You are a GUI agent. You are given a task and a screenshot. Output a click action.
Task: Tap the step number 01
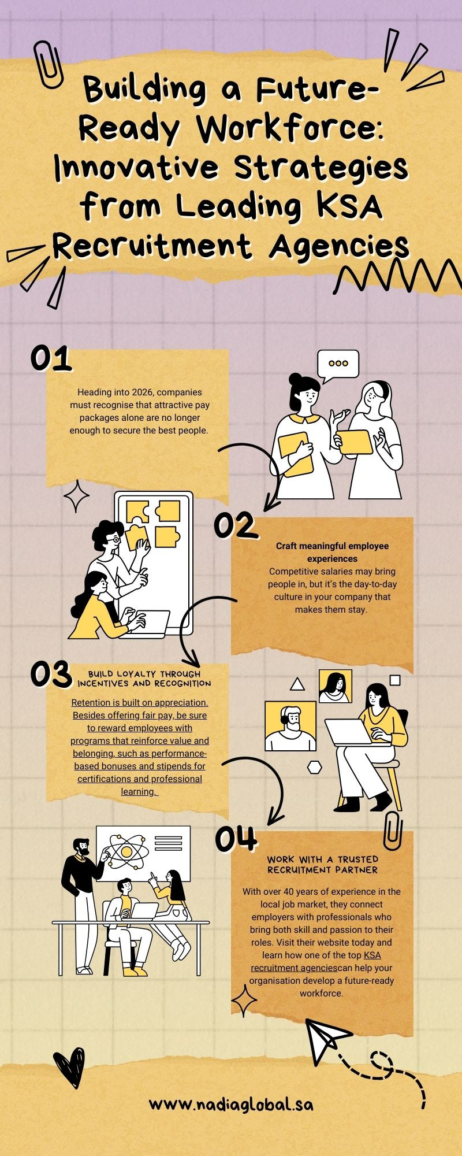click(x=51, y=358)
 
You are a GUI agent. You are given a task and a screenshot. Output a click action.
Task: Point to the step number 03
click(x=51, y=675)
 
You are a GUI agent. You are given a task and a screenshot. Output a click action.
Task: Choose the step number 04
click(x=235, y=839)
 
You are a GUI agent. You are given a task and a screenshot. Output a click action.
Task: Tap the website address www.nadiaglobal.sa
click(x=231, y=1105)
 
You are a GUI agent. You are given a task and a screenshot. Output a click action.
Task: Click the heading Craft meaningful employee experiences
click(x=332, y=552)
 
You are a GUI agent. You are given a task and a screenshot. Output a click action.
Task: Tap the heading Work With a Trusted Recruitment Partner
click(x=322, y=865)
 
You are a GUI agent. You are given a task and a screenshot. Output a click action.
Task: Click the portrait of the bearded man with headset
click(x=290, y=726)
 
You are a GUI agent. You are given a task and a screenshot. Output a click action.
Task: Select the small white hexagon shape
click(x=315, y=767)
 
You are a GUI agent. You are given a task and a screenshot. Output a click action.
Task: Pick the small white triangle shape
click(x=297, y=684)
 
